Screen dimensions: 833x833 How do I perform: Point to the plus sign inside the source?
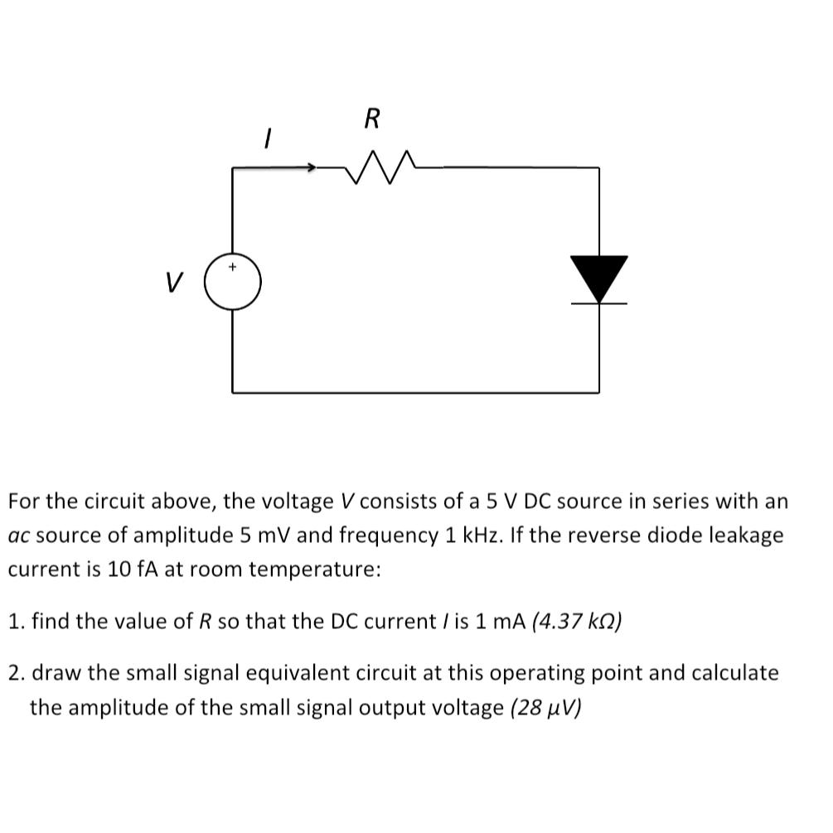click(x=233, y=268)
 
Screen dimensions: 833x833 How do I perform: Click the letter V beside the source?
click(x=173, y=283)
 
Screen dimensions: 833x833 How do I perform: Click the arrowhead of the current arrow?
click(x=311, y=168)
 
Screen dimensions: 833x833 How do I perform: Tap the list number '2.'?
click(x=17, y=672)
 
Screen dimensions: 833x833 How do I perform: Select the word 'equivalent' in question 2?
click(x=292, y=672)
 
